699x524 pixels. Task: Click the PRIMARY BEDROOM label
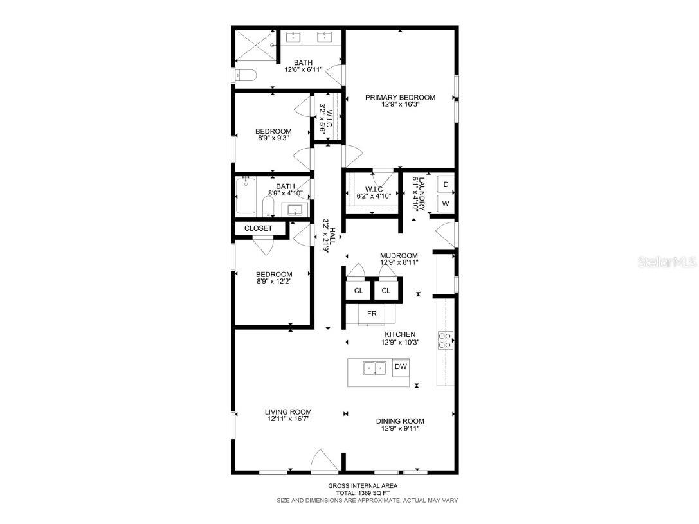[x=400, y=98]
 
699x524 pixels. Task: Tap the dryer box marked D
[x=446, y=185]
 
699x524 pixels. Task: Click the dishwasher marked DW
[x=400, y=366]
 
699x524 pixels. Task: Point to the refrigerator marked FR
[x=372, y=314]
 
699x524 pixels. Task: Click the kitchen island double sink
[x=374, y=368]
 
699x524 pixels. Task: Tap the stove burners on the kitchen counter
[x=444, y=339]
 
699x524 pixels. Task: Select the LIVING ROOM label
[x=288, y=412]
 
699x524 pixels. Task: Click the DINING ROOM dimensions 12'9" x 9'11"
[x=400, y=429]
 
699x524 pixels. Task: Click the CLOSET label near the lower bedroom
[x=258, y=228]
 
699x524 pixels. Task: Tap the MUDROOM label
[x=399, y=255]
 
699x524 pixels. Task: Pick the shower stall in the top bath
[x=255, y=46]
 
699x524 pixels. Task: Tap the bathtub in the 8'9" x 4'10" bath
[x=246, y=197]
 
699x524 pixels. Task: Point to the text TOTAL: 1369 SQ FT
[x=363, y=492]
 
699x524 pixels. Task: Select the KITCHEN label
[x=400, y=334]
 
